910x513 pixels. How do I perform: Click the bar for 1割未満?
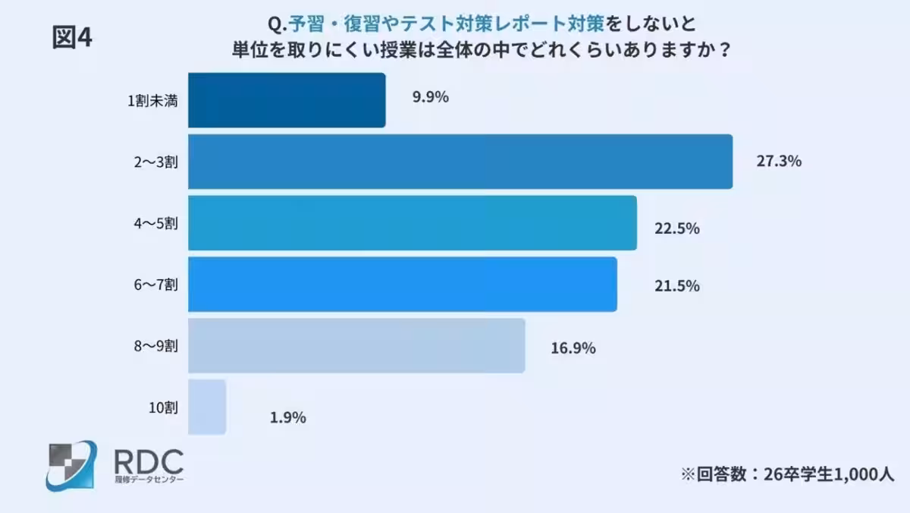coord(287,100)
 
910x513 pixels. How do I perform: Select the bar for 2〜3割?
coord(460,162)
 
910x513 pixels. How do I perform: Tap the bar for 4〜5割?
coord(412,223)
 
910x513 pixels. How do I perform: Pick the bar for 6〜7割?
coord(402,285)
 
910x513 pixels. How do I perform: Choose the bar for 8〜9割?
coord(356,345)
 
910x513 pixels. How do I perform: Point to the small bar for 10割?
coord(207,407)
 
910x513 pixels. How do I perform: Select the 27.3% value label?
coord(780,162)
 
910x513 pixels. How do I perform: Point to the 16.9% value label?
coord(573,348)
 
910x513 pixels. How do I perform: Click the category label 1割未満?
coord(153,101)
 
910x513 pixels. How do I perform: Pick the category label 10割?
coord(163,408)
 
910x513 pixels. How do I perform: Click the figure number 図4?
coord(72,38)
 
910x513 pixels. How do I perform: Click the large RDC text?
coord(147,460)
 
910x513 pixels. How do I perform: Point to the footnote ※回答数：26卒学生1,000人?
coord(787,474)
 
